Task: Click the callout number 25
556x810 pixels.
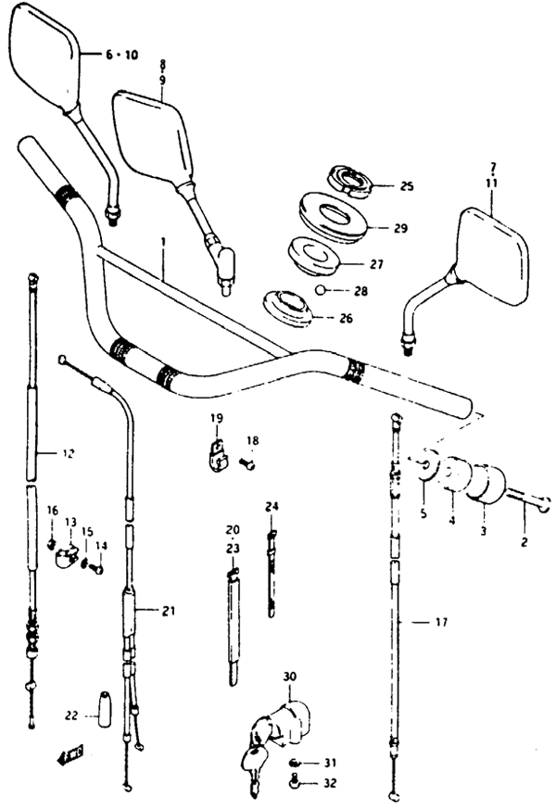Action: (x=380, y=186)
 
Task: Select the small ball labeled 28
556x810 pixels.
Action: (x=319, y=290)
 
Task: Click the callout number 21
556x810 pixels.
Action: (x=168, y=610)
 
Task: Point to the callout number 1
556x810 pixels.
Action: (x=163, y=242)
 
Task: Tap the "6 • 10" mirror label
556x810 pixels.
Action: (x=120, y=56)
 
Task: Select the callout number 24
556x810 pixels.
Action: (x=272, y=506)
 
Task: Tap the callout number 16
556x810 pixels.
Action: (x=53, y=511)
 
